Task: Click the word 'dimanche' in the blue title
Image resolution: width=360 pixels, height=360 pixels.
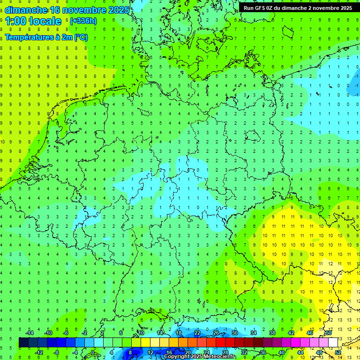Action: (x=26, y=10)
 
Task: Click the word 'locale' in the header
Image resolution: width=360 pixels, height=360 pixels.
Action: (x=45, y=21)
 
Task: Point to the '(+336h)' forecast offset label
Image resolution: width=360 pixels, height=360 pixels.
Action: (x=83, y=21)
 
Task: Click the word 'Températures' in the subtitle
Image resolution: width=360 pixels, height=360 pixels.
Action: (x=29, y=37)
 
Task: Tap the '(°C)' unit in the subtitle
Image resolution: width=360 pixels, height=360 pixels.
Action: (x=81, y=37)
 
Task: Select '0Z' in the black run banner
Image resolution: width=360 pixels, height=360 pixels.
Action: (x=270, y=8)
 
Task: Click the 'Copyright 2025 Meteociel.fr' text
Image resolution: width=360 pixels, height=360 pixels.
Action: (x=200, y=357)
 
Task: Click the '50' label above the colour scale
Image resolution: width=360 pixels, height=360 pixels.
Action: (x=329, y=333)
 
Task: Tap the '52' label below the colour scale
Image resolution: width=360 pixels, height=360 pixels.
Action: (x=338, y=352)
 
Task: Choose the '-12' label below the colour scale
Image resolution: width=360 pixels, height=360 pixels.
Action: (x=39, y=352)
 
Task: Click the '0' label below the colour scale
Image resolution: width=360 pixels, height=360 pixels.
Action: (x=93, y=352)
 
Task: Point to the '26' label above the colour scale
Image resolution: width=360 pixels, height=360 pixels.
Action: (x=216, y=333)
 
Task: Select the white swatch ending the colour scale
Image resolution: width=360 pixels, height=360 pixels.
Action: (x=333, y=342)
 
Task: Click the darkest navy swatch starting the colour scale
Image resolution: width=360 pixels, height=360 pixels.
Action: (x=23, y=342)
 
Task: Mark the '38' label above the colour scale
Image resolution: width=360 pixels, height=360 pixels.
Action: (x=272, y=333)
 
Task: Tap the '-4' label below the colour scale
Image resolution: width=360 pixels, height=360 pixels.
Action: (x=75, y=352)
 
